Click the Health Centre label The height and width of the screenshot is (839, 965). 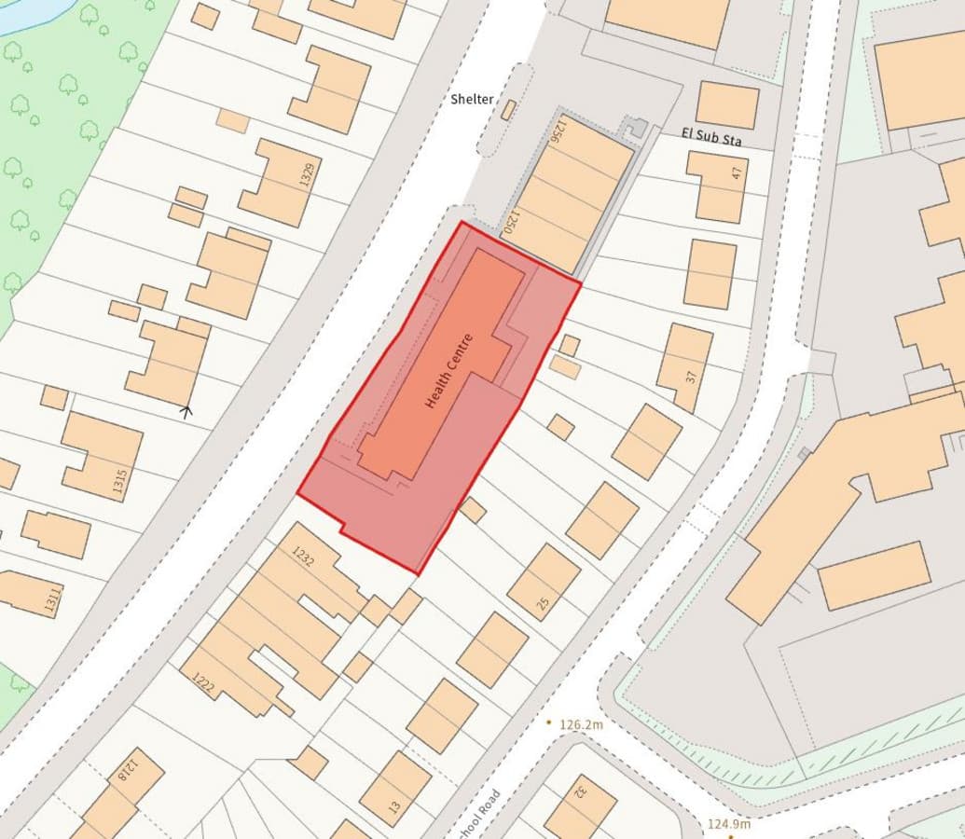point(449,371)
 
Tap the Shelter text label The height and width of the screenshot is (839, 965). point(472,100)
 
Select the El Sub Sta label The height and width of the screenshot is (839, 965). point(711,139)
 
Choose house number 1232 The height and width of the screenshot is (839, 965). point(303,557)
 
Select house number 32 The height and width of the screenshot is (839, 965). point(579,792)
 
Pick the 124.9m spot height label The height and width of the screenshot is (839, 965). point(728,824)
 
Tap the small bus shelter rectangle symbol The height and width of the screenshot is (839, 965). point(508,110)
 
